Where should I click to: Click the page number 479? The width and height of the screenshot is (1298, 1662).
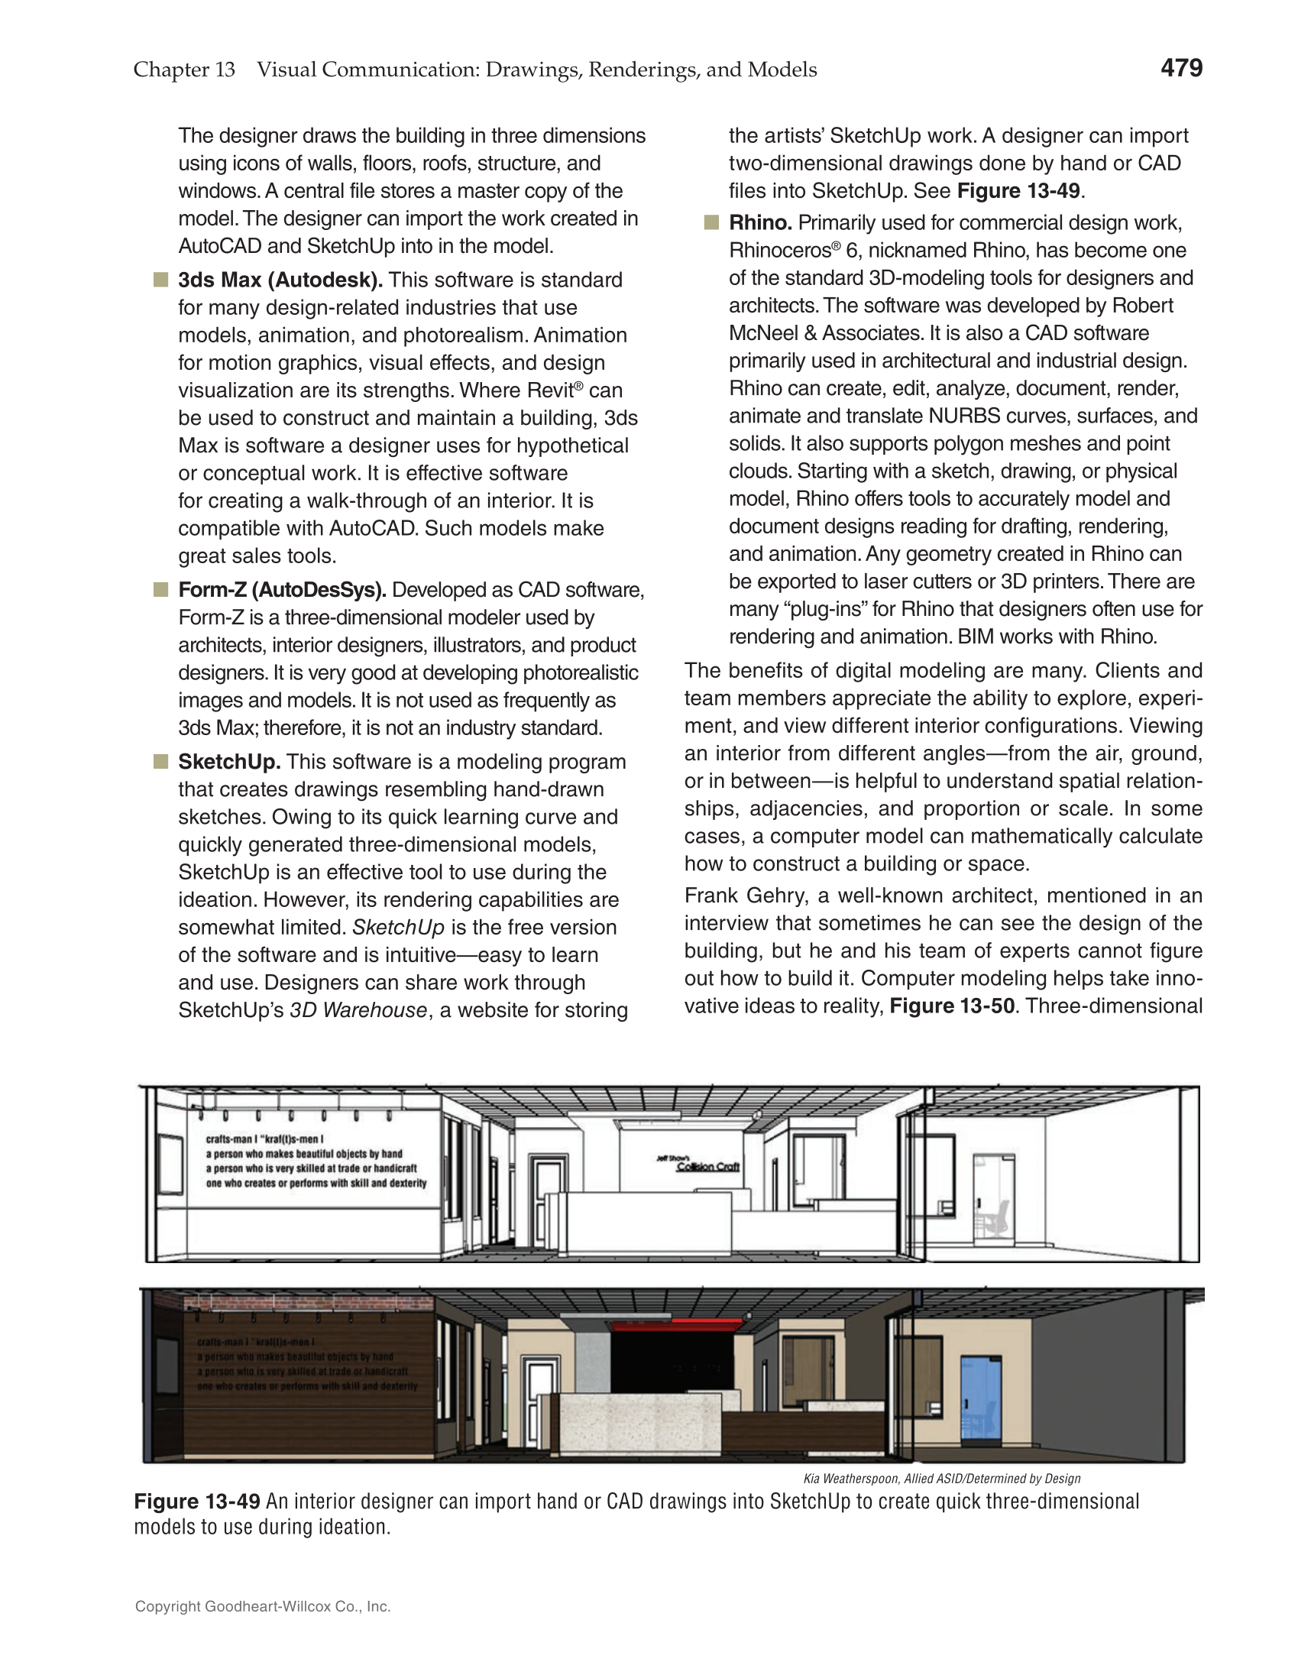coord(1181,68)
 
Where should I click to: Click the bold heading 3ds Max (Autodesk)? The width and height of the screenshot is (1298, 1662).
coord(280,280)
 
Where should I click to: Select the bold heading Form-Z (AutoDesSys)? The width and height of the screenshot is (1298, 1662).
coord(282,590)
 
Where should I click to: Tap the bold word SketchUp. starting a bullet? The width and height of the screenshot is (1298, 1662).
coord(229,762)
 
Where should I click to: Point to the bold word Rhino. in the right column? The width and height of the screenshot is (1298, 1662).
coord(760,223)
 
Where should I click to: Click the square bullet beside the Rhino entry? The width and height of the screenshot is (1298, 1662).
coord(711,223)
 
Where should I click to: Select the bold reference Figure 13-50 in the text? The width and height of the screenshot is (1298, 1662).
coord(952,1006)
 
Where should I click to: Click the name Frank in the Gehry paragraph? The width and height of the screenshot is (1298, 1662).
coord(712,896)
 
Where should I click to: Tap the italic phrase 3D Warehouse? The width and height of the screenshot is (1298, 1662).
coord(358,1010)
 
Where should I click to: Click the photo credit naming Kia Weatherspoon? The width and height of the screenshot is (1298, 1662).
coord(941,1479)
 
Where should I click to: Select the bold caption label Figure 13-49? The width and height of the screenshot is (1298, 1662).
coord(197,1502)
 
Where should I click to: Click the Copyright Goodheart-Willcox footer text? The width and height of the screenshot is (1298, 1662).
coord(263,1606)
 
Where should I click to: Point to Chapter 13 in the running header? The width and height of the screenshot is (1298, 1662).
coord(184,70)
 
